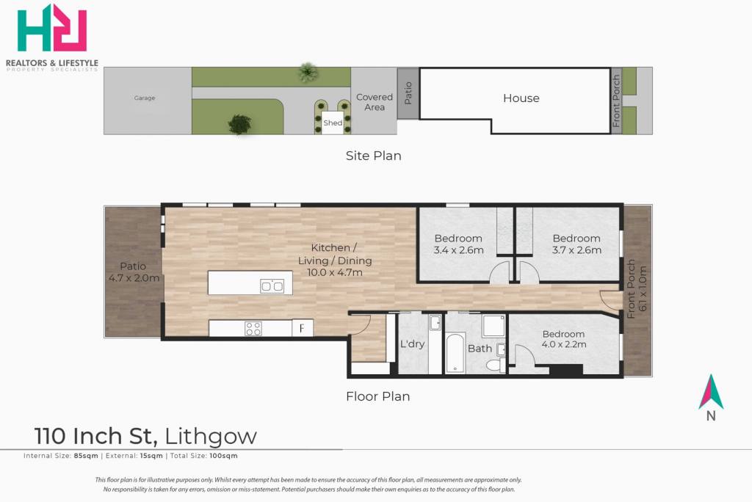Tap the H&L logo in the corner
[52, 28]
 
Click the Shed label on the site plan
[333, 123]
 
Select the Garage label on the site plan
[145, 98]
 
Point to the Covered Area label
[374, 102]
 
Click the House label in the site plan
[521, 98]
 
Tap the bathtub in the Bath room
[455, 353]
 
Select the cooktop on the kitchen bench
[253, 329]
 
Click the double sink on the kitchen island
[272, 286]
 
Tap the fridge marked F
[302, 329]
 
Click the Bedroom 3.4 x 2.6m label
[458, 244]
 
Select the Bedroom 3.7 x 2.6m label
[576, 244]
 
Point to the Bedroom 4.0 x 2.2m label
[563, 339]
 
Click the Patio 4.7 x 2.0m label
[134, 272]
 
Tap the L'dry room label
[413, 343]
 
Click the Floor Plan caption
[378, 396]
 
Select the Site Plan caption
[374, 156]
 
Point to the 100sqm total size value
[223, 456]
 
